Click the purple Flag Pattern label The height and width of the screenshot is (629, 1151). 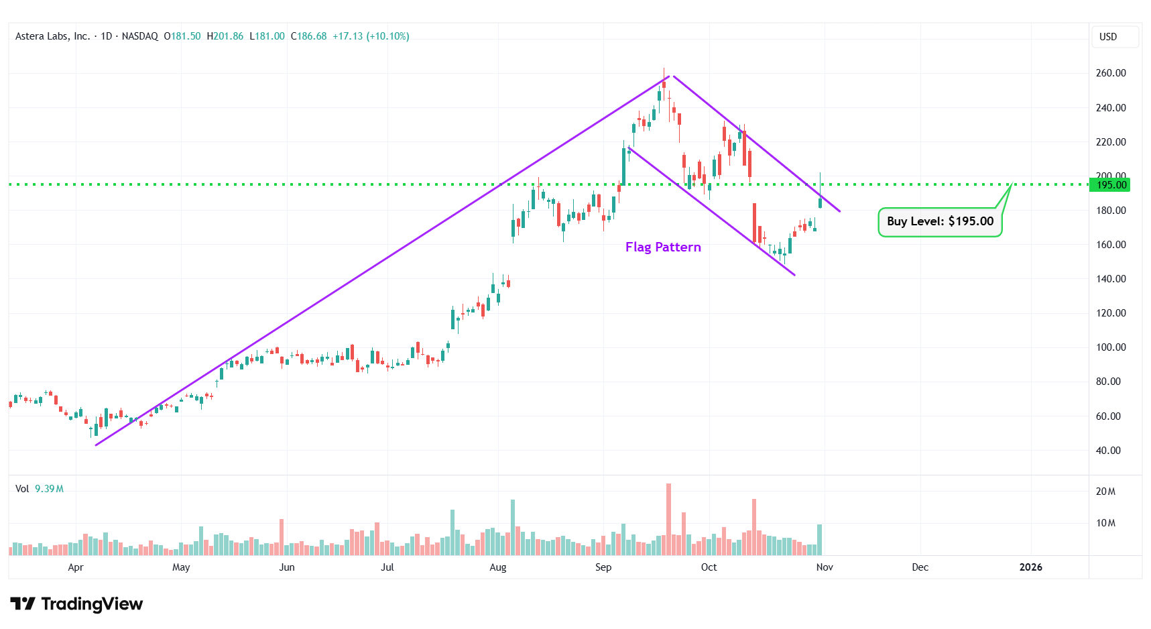663,247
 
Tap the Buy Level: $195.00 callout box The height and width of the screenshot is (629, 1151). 940,221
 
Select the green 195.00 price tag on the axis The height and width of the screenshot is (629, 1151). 1111,185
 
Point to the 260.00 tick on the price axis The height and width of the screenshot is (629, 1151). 1111,73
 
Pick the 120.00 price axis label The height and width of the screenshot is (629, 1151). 1111,313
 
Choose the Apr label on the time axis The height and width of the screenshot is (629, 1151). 76,567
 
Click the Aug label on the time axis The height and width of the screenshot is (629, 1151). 498,567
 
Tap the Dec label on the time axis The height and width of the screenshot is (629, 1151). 920,567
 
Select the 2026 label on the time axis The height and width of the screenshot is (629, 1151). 1030,567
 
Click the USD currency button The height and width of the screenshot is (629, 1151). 1108,37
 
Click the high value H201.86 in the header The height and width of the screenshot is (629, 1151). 225,36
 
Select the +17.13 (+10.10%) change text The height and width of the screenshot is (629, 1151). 371,36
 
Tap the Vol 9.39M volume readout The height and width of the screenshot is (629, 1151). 40,489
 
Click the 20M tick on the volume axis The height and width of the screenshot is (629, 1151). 1105,492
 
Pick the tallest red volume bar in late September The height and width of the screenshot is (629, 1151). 668,519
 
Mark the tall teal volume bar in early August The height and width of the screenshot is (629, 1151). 513,527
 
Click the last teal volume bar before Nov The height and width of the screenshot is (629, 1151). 819,539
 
